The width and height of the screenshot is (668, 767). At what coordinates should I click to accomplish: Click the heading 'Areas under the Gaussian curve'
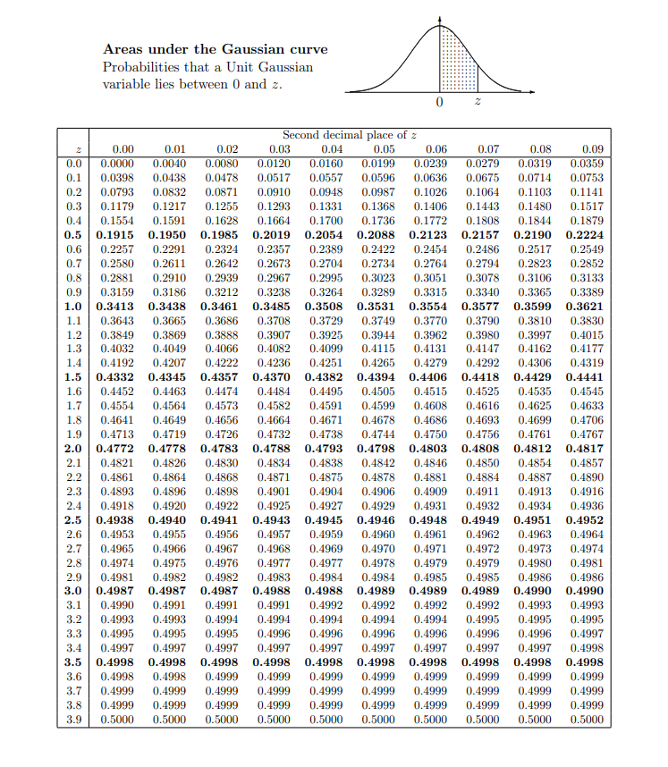215,49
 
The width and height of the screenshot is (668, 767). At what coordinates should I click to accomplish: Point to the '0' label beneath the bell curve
438,105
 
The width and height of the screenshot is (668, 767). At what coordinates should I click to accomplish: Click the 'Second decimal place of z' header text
350,135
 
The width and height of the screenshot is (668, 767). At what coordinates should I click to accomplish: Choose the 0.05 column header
384,149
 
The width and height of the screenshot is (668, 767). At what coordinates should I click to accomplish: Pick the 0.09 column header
592,149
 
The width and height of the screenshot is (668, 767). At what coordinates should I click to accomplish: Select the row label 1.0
74,306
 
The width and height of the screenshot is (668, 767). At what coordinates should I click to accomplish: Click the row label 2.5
74,519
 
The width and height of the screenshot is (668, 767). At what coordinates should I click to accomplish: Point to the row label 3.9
74,719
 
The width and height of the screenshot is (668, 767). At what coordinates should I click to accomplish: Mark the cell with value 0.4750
435,434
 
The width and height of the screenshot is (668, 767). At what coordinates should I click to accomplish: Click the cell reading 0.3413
115,306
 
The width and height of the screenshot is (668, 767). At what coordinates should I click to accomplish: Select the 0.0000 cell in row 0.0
115,164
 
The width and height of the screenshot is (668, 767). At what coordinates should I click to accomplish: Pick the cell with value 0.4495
331,391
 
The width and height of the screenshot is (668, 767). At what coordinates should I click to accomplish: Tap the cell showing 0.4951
539,519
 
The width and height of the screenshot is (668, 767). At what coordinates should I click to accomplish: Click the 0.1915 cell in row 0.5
115,234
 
